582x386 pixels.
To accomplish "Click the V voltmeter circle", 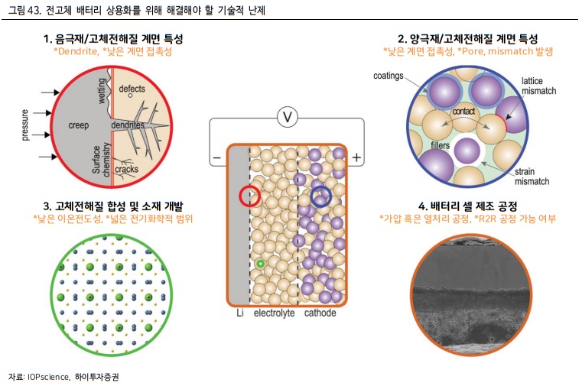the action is [287, 118].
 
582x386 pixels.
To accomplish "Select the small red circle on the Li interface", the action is [250, 196].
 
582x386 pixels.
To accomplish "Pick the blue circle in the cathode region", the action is [321, 196].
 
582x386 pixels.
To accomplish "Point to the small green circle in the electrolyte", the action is [261, 264].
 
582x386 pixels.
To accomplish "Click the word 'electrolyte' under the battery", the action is [273, 313].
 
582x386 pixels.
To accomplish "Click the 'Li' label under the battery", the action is [239, 313].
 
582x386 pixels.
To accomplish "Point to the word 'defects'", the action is [132, 89].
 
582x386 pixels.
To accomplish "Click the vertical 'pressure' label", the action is [25, 125].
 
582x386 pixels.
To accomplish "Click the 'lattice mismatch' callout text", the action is [538, 85].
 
